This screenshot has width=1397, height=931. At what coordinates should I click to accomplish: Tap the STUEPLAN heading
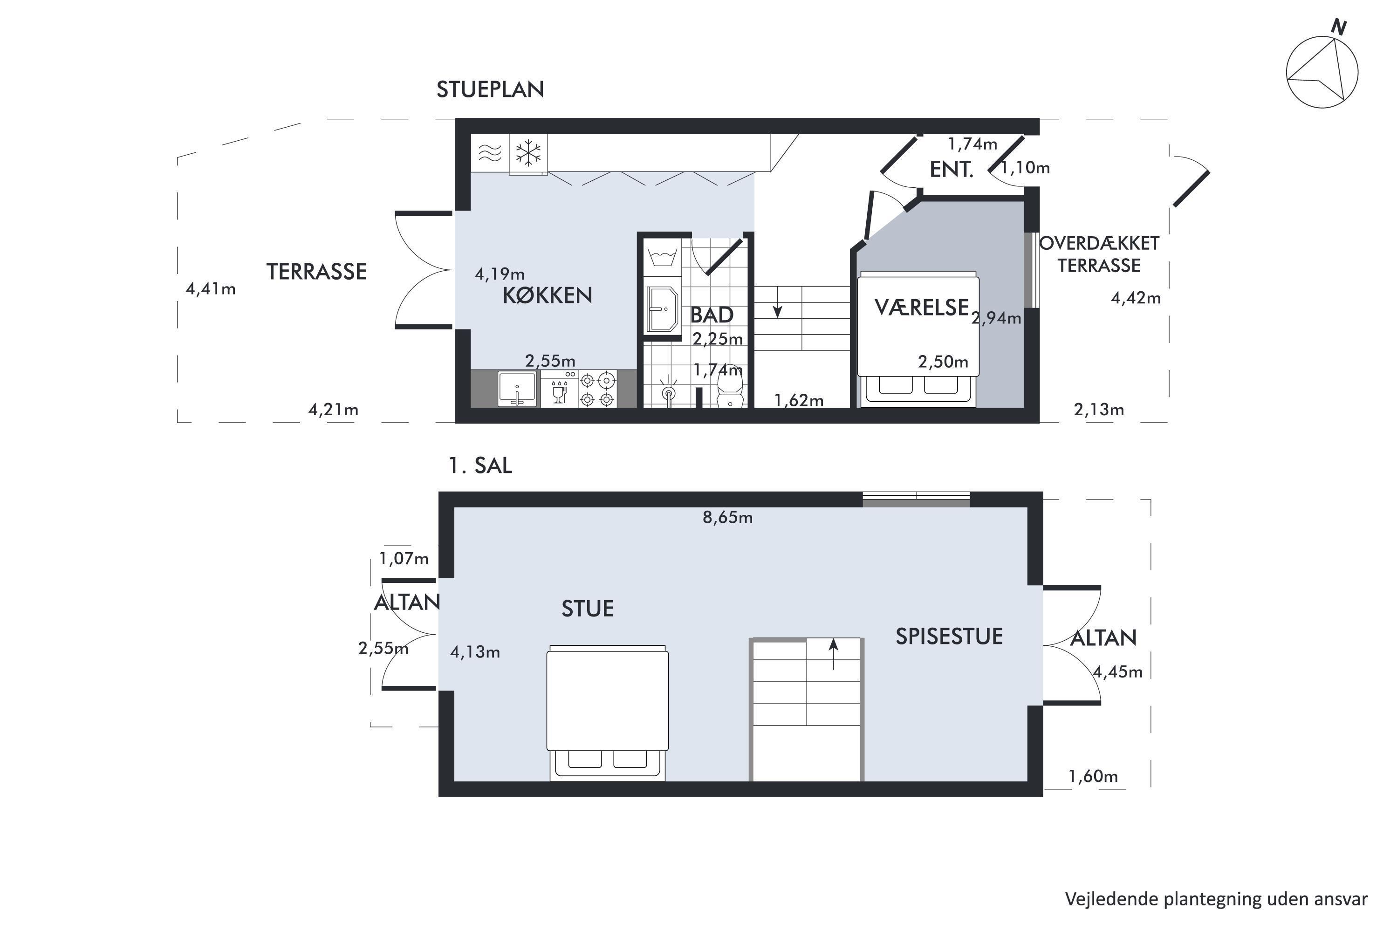(490, 89)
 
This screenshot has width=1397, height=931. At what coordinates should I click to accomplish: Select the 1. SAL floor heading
(479, 465)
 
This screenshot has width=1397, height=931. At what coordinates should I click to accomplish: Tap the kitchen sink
(517, 389)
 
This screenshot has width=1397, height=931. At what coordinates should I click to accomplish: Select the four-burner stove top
(596, 389)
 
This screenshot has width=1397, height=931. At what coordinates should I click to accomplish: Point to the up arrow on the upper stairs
(834, 654)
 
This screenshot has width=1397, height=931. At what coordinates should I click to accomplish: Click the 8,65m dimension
(727, 518)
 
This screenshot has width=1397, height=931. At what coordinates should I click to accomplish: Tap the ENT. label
(951, 170)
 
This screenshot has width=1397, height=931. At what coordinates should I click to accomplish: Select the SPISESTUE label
(949, 637)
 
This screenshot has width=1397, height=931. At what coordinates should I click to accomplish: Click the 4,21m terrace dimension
(333, 410)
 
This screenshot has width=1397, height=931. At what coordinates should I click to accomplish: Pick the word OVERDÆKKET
(1099, 243)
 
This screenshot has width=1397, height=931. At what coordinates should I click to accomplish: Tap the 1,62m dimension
(799, 401)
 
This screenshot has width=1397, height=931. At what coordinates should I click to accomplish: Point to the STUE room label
(587, 609)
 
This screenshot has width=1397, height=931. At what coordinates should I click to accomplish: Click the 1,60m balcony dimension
(1093, 776)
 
